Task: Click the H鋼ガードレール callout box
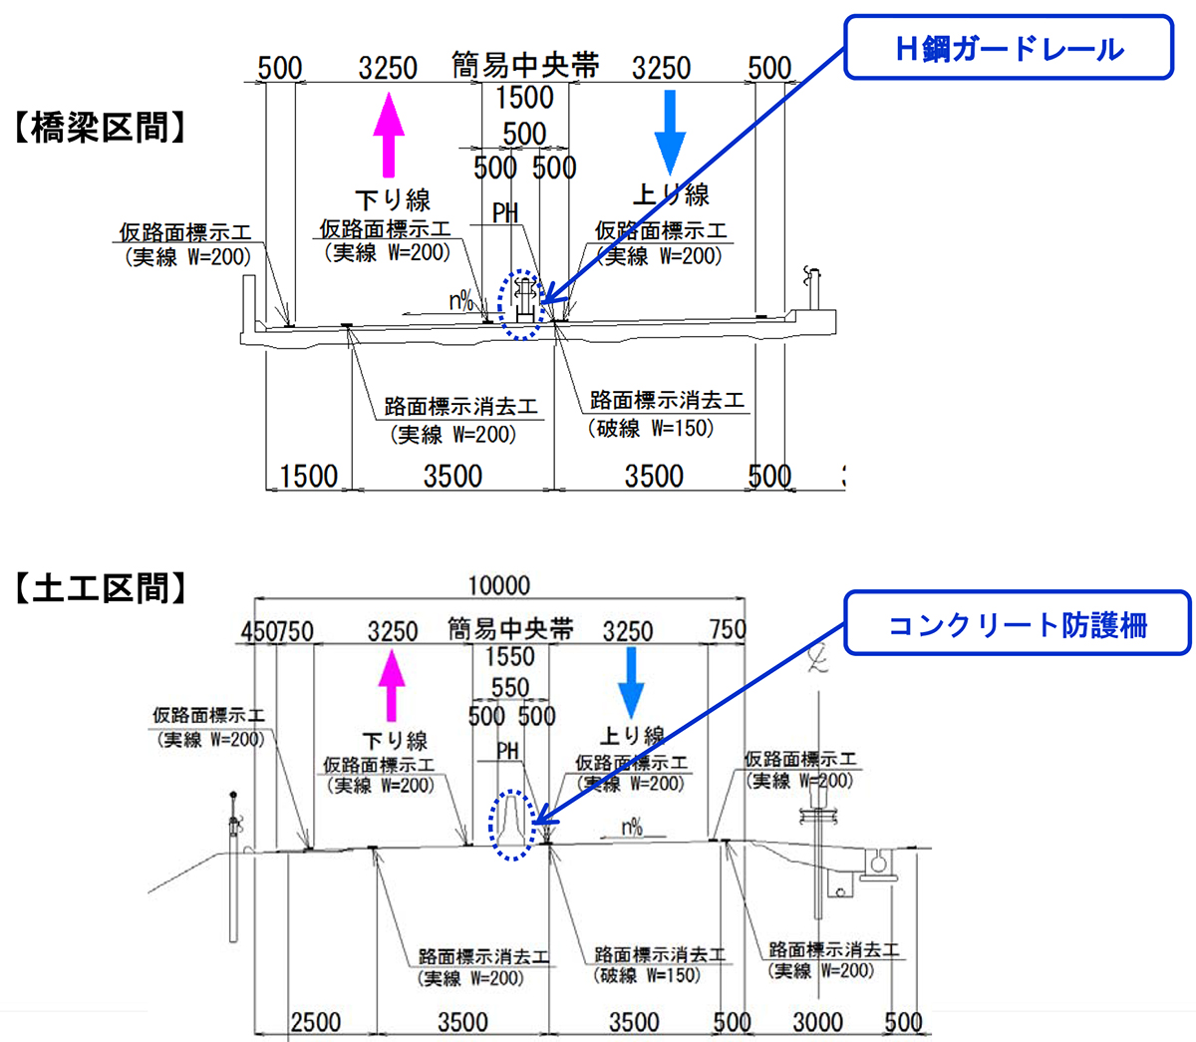(1009, 48)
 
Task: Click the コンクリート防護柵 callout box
(1017, 624)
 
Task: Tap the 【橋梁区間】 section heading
(100, 128)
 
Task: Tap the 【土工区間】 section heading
(100, 588)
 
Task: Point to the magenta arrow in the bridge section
(389, 134)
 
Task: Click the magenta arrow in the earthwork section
(391, 687)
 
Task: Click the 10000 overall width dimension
(499, 585)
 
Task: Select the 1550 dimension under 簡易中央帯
(510, 657)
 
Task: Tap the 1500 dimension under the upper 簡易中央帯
(524, 98)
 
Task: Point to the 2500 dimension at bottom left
(315, 1022)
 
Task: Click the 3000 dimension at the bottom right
(817, 1022)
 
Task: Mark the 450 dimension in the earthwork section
(257, 631)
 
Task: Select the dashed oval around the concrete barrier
(512, 825)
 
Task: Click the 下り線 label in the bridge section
(393, 200)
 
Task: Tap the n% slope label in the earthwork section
(632, 827)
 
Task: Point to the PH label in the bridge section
(506, 212)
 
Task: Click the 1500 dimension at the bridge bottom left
(309, 477)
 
